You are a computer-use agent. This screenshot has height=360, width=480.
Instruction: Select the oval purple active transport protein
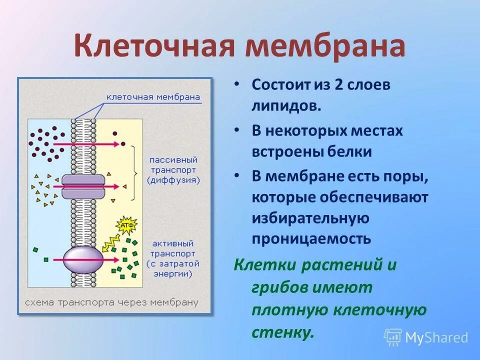[x=83, y=260]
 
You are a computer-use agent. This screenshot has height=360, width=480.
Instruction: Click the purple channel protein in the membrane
[x=83, y=186]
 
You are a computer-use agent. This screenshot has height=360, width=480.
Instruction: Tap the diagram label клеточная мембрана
[x=153, y=97]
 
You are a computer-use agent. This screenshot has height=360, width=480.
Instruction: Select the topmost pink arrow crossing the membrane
[x=92, y=144]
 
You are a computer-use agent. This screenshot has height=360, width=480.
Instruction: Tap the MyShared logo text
[x=436, y=337]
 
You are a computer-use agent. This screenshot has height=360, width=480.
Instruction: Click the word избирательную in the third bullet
[x=310, y=218]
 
